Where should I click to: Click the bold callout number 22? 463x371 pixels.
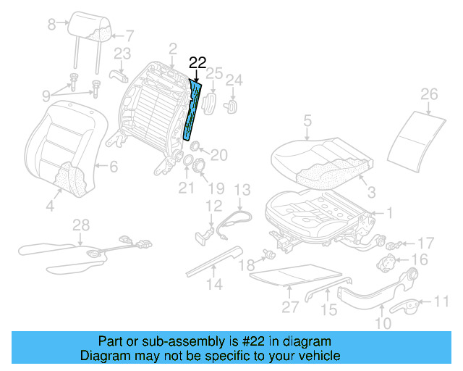[x=197, y=63]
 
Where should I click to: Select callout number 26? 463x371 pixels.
[x=429, y=94]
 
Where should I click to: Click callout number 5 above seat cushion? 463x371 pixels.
[x=307, y=120]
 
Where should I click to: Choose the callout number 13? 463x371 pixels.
[x=241, y=190]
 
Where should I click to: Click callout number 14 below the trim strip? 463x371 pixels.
[x=212, y=285]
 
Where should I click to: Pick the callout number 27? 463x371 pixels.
[x=289, y=307]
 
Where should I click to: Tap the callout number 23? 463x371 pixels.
[x=122, y=53]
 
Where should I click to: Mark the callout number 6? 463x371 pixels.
[x=114, y=167]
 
